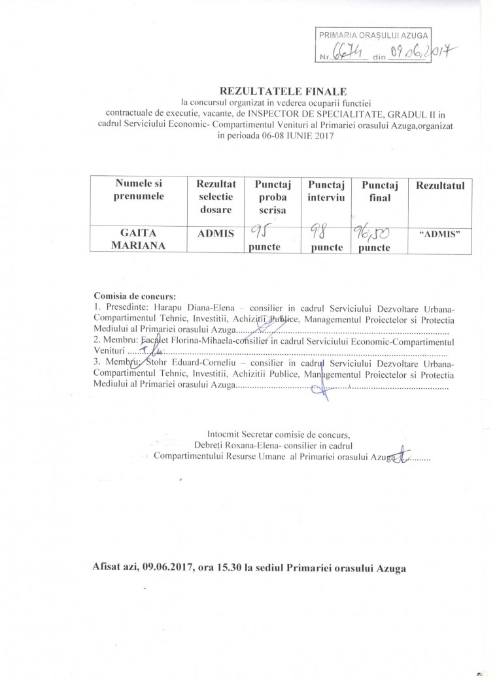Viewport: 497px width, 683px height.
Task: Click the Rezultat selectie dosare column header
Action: (x=211, y=197)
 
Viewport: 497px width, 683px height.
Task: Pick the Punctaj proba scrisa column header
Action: (x=268, y=197)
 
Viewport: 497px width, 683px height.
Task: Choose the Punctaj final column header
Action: (x=379, y=191)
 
